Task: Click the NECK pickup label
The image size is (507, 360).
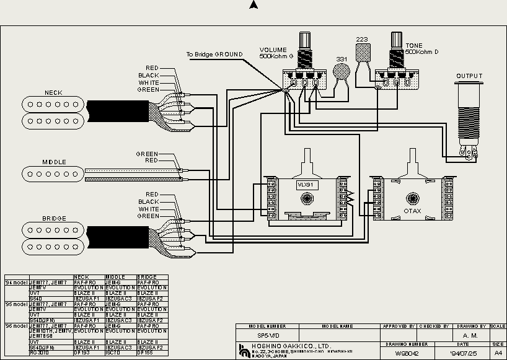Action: point(53,93)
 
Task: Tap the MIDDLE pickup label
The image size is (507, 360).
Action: point(54,162)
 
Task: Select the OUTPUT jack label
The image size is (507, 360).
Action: point(469,76)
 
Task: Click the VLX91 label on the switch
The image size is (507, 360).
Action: point(306,185)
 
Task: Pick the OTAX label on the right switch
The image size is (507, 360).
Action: point(412,211)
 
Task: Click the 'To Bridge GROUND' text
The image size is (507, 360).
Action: point(214,55)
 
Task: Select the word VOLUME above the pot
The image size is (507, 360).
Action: point(273,50)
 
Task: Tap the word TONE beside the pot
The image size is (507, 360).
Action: point(414,46)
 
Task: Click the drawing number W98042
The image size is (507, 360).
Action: point(407,353)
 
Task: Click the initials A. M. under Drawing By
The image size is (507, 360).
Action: point(470,335)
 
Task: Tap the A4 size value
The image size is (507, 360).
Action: point(498,353)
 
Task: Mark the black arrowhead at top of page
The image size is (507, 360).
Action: point(254,5)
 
